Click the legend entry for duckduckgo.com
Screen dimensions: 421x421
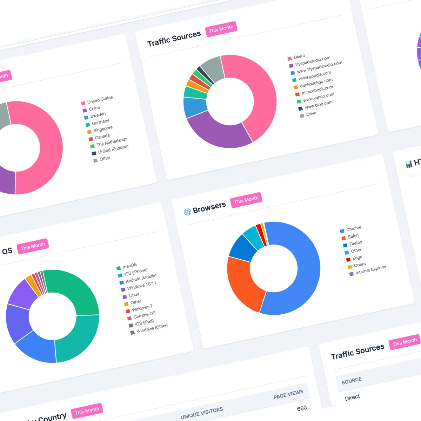coord(316,83)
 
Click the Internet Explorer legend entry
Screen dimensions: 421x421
coord(370,269)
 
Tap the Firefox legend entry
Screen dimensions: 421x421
coord(355,243)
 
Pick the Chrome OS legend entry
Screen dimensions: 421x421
coord(144,315)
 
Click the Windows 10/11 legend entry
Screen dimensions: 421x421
coord(141,285)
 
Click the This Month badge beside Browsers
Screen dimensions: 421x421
coord(246,200)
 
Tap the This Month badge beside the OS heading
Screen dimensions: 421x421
coord(33,246)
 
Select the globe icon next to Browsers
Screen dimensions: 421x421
coord(188,212)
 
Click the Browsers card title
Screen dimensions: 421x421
coord(209,207)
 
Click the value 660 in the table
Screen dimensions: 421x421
coord(302,408)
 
